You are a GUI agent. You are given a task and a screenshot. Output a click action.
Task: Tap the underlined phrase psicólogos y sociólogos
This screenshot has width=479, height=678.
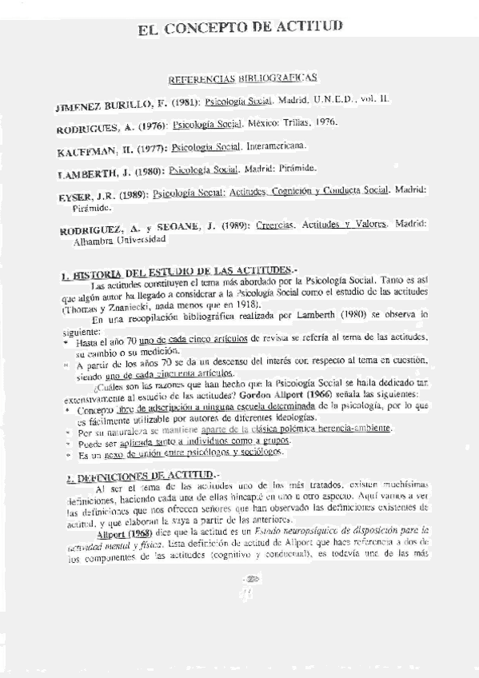[240, 453]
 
